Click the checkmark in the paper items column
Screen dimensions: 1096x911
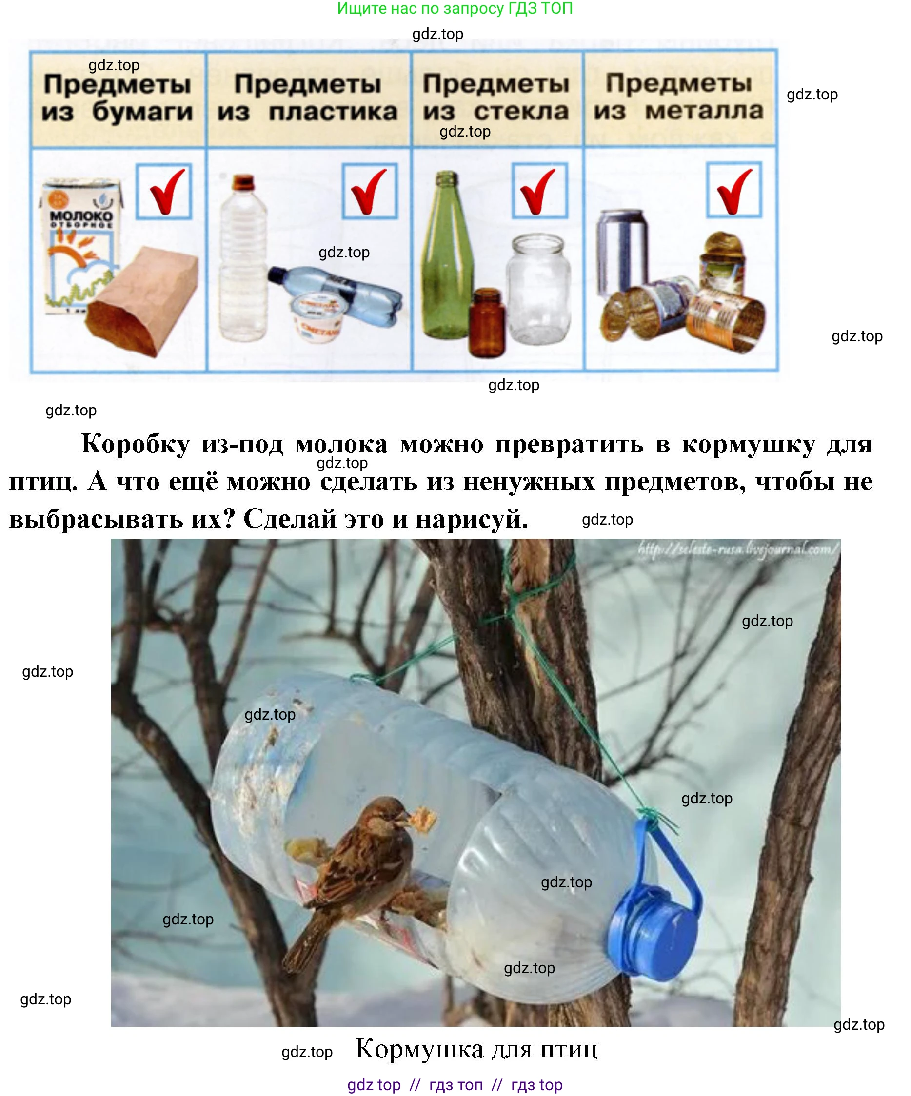[164, 191]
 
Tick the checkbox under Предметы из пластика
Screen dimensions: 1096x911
[370, 191]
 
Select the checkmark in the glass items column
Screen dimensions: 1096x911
[539, 191]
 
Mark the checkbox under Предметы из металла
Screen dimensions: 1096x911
[734, 190]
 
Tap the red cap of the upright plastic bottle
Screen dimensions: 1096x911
[243, 182]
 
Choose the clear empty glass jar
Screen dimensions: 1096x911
[538, 290]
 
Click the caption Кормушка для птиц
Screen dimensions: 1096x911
[476, 1049]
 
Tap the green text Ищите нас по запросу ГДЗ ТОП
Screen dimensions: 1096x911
[455, 8]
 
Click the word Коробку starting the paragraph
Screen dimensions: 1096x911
[136, 445]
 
